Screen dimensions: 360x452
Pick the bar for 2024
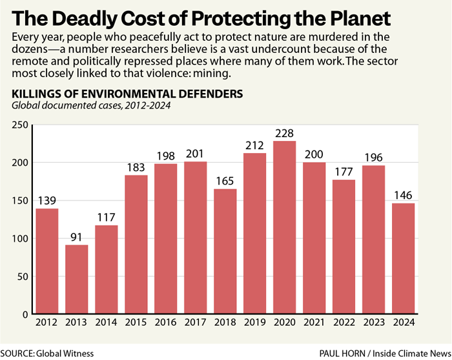point(403,259)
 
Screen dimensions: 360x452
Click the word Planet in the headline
point(393,16)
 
